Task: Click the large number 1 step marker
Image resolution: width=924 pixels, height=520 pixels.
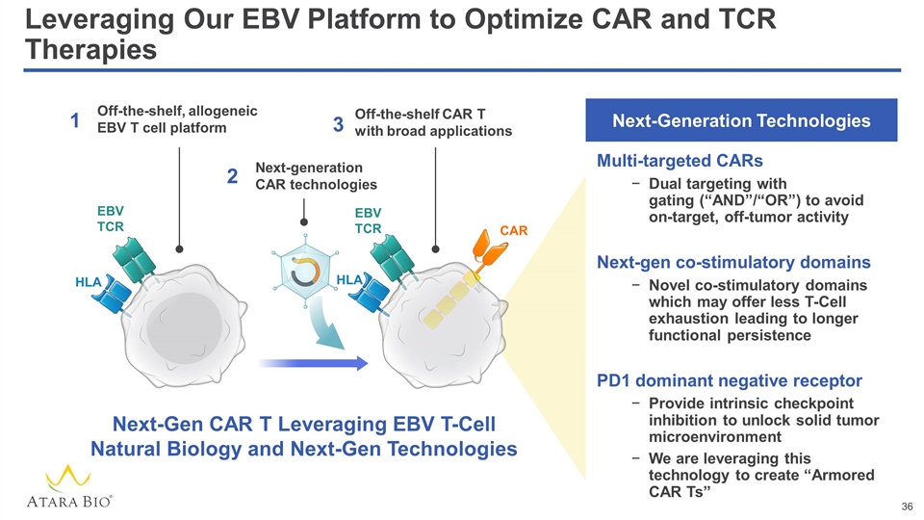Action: (74, 121)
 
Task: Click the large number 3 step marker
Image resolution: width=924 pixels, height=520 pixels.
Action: (338, 124)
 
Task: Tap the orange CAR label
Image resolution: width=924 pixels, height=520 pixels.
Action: (514, 231)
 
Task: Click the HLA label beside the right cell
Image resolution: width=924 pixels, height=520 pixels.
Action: (348, 279)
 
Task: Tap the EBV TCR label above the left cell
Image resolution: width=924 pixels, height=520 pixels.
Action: (112, 218)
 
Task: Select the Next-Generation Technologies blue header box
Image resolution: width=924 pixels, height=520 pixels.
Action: (742, 121)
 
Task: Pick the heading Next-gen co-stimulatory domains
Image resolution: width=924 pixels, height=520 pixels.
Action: (733, 262)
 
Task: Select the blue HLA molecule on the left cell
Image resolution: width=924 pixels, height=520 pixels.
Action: (113, 293)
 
